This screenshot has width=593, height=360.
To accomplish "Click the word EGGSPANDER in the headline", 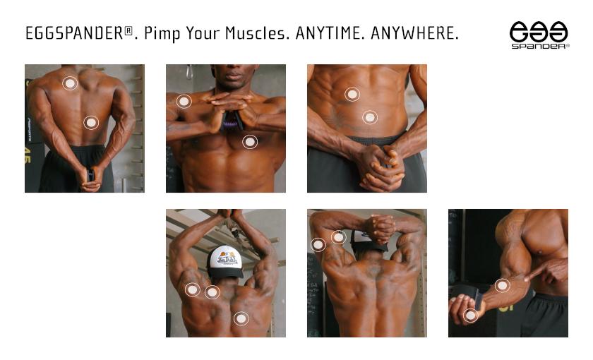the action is pyautogui.click(x=75, y=33).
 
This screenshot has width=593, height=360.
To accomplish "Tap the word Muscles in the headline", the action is pyautogui.click(x=256, y=33).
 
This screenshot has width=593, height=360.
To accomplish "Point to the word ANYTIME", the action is pyautogui.click(x=328, y=33).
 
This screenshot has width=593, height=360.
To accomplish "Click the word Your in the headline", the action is pyautogui.click(x=203, y=33).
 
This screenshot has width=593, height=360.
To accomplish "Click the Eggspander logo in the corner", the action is pyautogui.click(x=539, y=35).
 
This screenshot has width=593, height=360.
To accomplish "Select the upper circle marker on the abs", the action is pyautogui.click(x=352, y=94).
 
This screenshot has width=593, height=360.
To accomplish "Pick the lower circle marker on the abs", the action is pyautogui.click(x=370, y=118).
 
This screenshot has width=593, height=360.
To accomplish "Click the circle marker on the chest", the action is pyautogui.click(x=250, y=142).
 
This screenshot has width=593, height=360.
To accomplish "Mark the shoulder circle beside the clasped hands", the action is pyautogui.click(x=184, y=102).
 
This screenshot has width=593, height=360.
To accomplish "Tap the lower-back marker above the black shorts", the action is pyautogui.click(x=91, y=122).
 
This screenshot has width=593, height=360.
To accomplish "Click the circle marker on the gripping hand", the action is pyautogui.click(x=470, y=315).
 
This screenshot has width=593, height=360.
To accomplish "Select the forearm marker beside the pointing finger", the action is pyautogui.click(x=502, y=285).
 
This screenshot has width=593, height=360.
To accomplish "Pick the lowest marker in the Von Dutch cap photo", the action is pyautogui.click(x=241, y=318).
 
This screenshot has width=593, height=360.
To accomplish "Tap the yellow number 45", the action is pyautogui.click(x=28, y=156).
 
